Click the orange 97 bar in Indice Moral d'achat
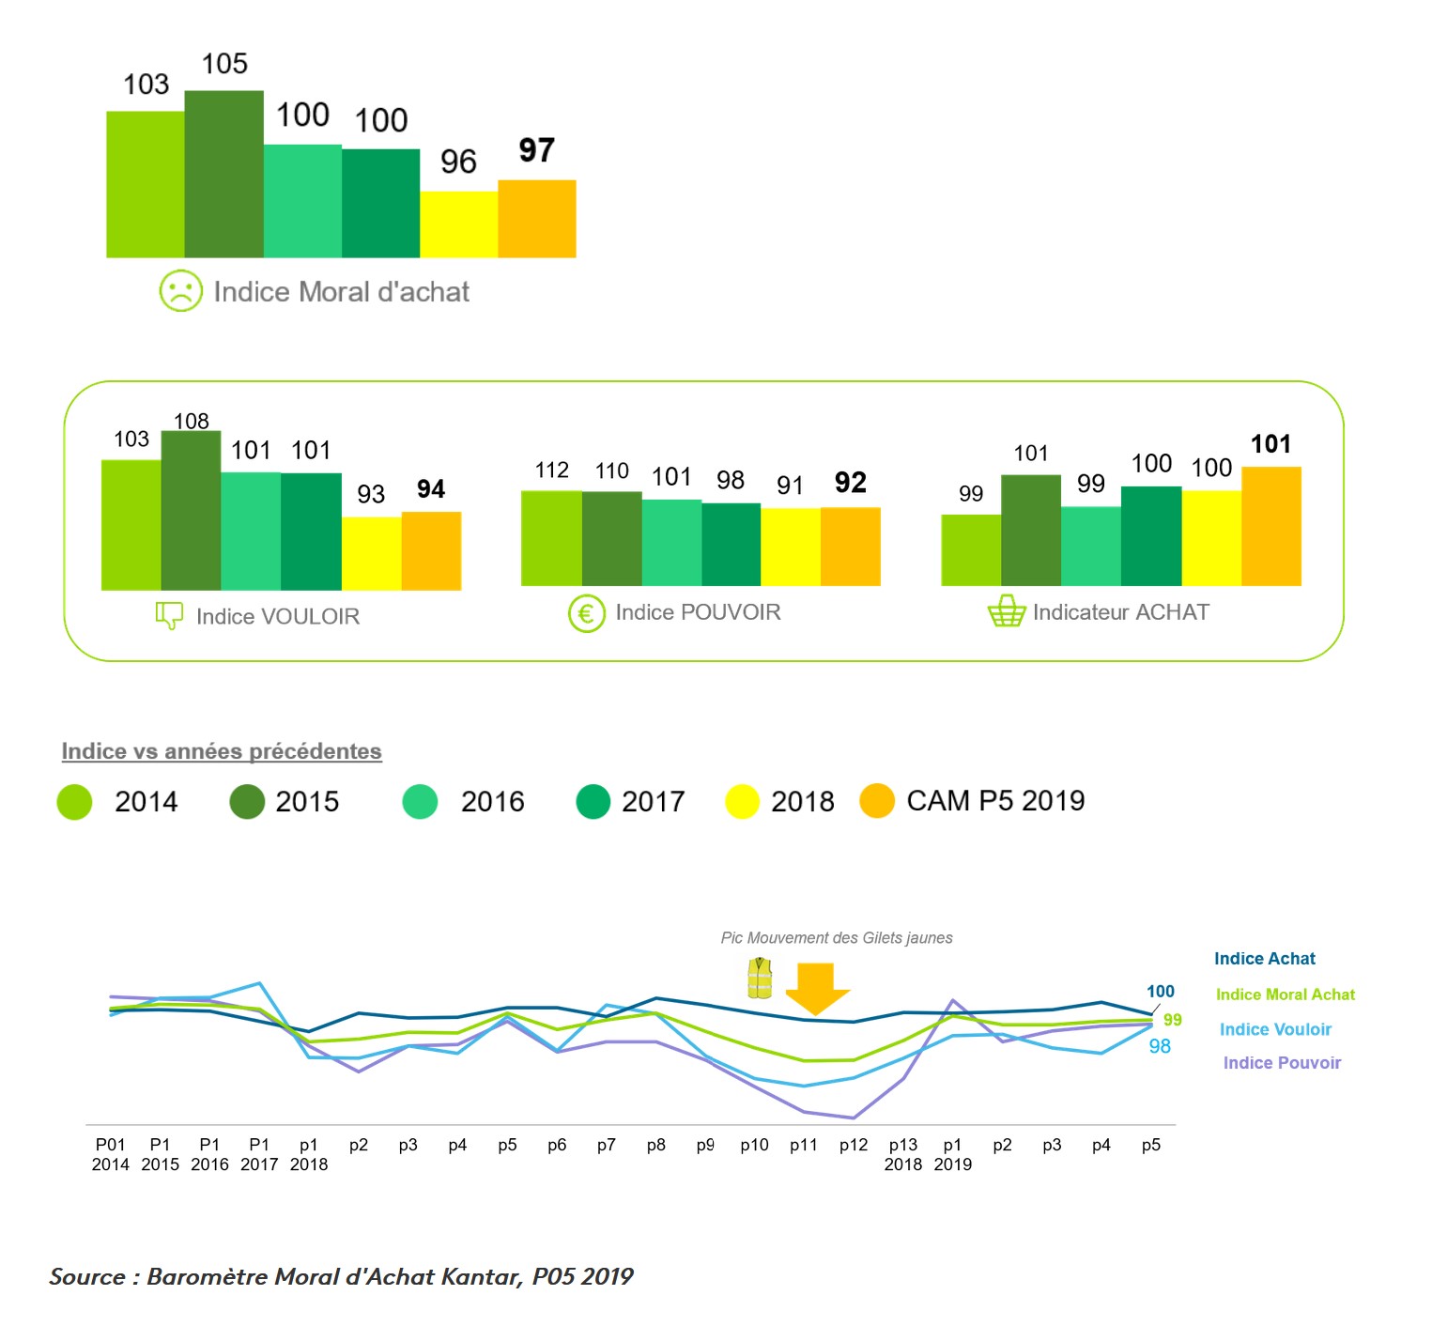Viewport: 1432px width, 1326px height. click(x=536, y=219)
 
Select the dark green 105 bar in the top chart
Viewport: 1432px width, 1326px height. click(x=223, y=175)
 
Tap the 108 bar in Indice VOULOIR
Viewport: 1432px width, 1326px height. click(x=191, y=510)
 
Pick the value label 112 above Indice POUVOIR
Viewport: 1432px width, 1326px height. click(x=552, y=470)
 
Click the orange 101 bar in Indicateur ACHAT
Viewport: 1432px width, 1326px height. click(x=1271, y=526)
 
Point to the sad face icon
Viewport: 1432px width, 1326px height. click(x=180, y=291)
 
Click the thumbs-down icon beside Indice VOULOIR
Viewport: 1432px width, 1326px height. click(x=169, y=615)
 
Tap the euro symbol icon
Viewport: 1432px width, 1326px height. click(x=586, y=614)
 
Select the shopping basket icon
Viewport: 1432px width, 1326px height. click(x=1007, y=611)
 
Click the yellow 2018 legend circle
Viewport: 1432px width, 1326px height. click(x=742, y=802)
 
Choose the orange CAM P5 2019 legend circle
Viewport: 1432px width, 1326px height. click(x=877, y=801)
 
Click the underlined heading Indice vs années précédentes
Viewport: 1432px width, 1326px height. click(x=222, y=751)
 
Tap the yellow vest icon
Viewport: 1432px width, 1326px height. click(x=760, y=978)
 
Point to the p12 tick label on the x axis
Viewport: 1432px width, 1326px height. click(x=854, y=1146)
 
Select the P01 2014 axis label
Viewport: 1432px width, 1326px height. click(x=111, y=1154)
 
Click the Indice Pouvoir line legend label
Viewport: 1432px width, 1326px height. click(x=1282, y=1063)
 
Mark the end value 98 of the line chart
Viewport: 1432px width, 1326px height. click(x=1160, y=1046)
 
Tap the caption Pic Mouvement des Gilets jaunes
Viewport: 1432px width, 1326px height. click(x=836, y=938)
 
